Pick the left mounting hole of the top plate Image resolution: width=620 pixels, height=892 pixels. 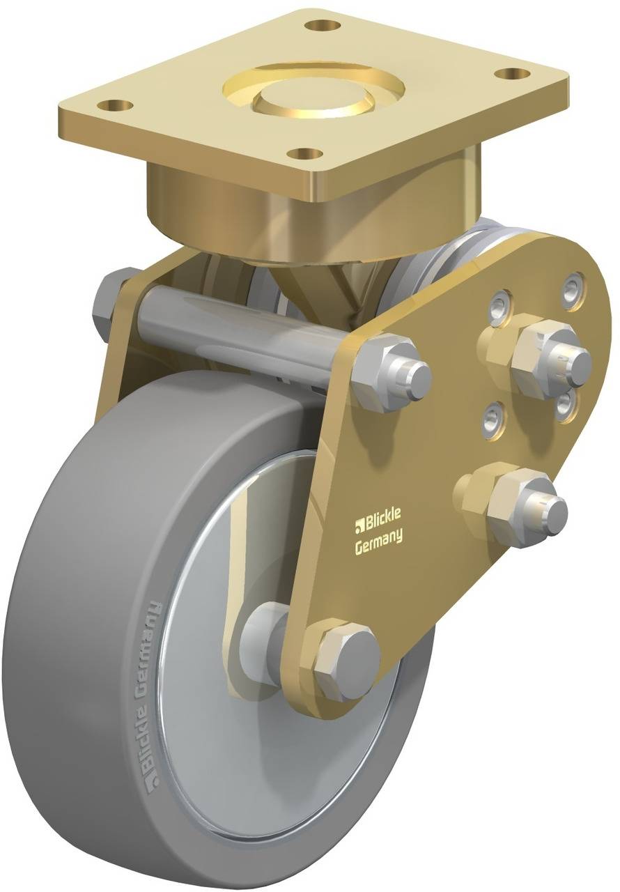[x=116, y=105]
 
